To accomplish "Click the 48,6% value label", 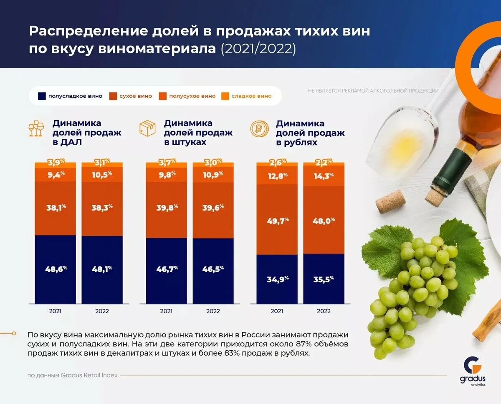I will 56,269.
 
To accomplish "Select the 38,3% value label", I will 102,208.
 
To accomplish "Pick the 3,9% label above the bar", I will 56,161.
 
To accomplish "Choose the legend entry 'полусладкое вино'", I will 70,96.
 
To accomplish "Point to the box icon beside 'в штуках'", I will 147,128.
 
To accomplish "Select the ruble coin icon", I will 259,128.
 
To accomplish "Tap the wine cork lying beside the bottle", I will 390,202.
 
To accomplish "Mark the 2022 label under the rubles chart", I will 324,311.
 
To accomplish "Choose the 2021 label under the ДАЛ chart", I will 56,311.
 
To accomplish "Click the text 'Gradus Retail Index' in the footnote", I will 89,375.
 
